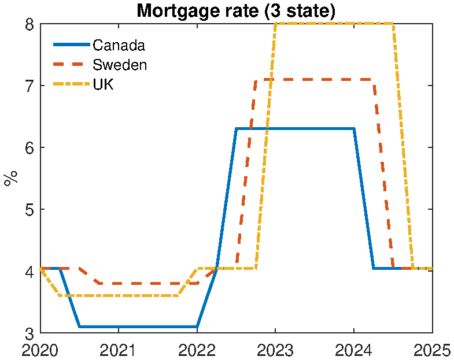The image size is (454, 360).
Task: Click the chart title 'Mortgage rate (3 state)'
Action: pos(235,11)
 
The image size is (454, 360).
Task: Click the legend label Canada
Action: pos(119,45)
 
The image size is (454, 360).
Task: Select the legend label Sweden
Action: pos(120,65)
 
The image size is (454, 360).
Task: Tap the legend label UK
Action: pos(104,84)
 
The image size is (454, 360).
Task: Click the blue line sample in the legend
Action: pos(72,45)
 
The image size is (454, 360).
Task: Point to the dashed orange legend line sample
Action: pos(72,65)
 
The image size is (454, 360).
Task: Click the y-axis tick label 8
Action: pos(28,24)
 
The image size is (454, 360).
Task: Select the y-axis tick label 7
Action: pos(28,86)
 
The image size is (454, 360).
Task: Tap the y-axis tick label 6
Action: pos(28,148)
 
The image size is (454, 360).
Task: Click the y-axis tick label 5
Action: pos(28,210)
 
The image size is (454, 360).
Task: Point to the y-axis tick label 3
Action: pos(28,333)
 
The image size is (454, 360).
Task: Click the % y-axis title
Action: pos(10,179)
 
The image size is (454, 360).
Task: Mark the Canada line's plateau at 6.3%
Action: pos(295,129)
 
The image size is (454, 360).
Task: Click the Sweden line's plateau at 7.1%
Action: pos(324,79)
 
